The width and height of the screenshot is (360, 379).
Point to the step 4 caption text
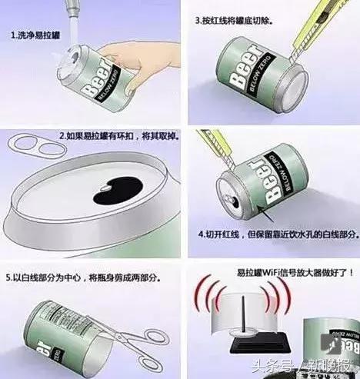pos(276,233)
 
